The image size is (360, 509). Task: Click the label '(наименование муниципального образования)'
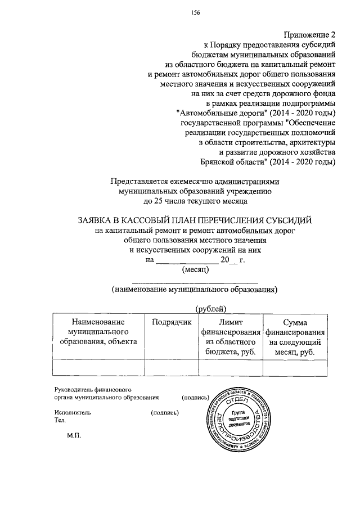pos(194,289)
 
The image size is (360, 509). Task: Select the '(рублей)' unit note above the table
pos(210,308)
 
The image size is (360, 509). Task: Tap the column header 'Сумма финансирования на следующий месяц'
pos(295,336)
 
